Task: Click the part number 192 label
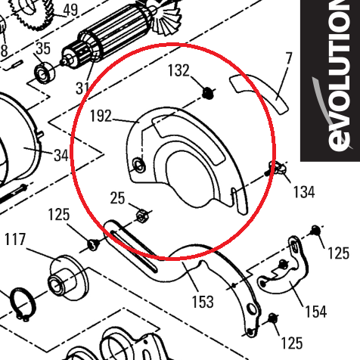coord(101,116)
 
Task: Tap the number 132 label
coord(178,70)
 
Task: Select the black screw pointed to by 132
coord(209,94)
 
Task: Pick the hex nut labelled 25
coord(142,216)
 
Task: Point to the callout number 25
coord(117,198)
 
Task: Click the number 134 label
coord(304,192)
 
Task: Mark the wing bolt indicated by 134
coord(275,169)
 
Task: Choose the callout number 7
coord(289,58)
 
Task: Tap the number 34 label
coord(61,155)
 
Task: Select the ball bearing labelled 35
coord(45,73)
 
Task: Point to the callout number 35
coord(43,48)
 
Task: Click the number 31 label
coord(82,88)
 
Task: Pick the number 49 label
coord(70,10)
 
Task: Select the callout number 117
coord(15,239)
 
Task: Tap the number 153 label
coord(203,302)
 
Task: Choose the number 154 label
coord(316,312)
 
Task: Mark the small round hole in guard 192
coord(139,166)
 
